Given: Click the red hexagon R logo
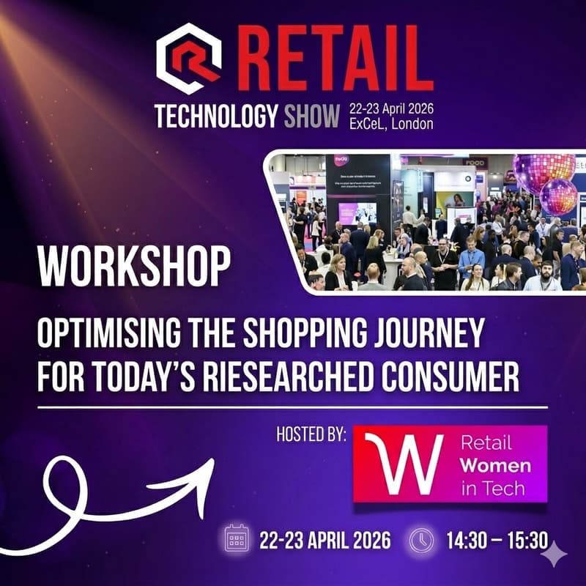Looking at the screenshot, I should click(189, 59).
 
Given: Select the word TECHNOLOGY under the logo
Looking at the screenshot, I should click(216, 116).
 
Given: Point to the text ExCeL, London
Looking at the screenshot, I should click(391, 124).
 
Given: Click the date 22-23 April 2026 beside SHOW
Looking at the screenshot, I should click(391, 108).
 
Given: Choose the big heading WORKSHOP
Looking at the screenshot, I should click(133, 268).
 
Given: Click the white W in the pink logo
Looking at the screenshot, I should click(402, 464).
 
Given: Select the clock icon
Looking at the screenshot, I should click(421, 541).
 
